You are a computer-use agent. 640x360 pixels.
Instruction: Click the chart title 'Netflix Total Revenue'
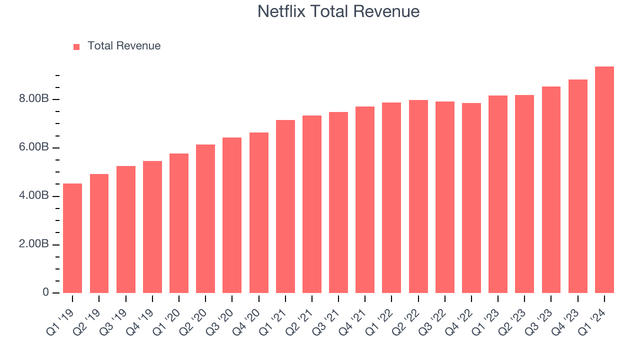pos(338,11)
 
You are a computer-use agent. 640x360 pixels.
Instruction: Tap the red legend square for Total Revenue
pos(76,46)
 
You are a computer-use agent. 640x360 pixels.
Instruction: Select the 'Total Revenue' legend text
pos(124,46)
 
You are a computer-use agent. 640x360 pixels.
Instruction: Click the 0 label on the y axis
pos(46,292)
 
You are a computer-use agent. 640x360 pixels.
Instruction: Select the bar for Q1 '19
pos(72,238)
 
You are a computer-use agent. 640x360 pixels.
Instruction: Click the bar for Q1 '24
pos(604,180)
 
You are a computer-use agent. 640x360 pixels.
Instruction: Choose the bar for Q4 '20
pos(258,212)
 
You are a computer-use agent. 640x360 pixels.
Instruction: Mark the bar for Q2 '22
pos(418,196)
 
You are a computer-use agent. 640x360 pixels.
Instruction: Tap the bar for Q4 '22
pos(471,198)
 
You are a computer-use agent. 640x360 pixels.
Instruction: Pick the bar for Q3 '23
pos(551,190)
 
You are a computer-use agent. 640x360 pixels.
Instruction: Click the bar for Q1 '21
pos(285,206)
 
